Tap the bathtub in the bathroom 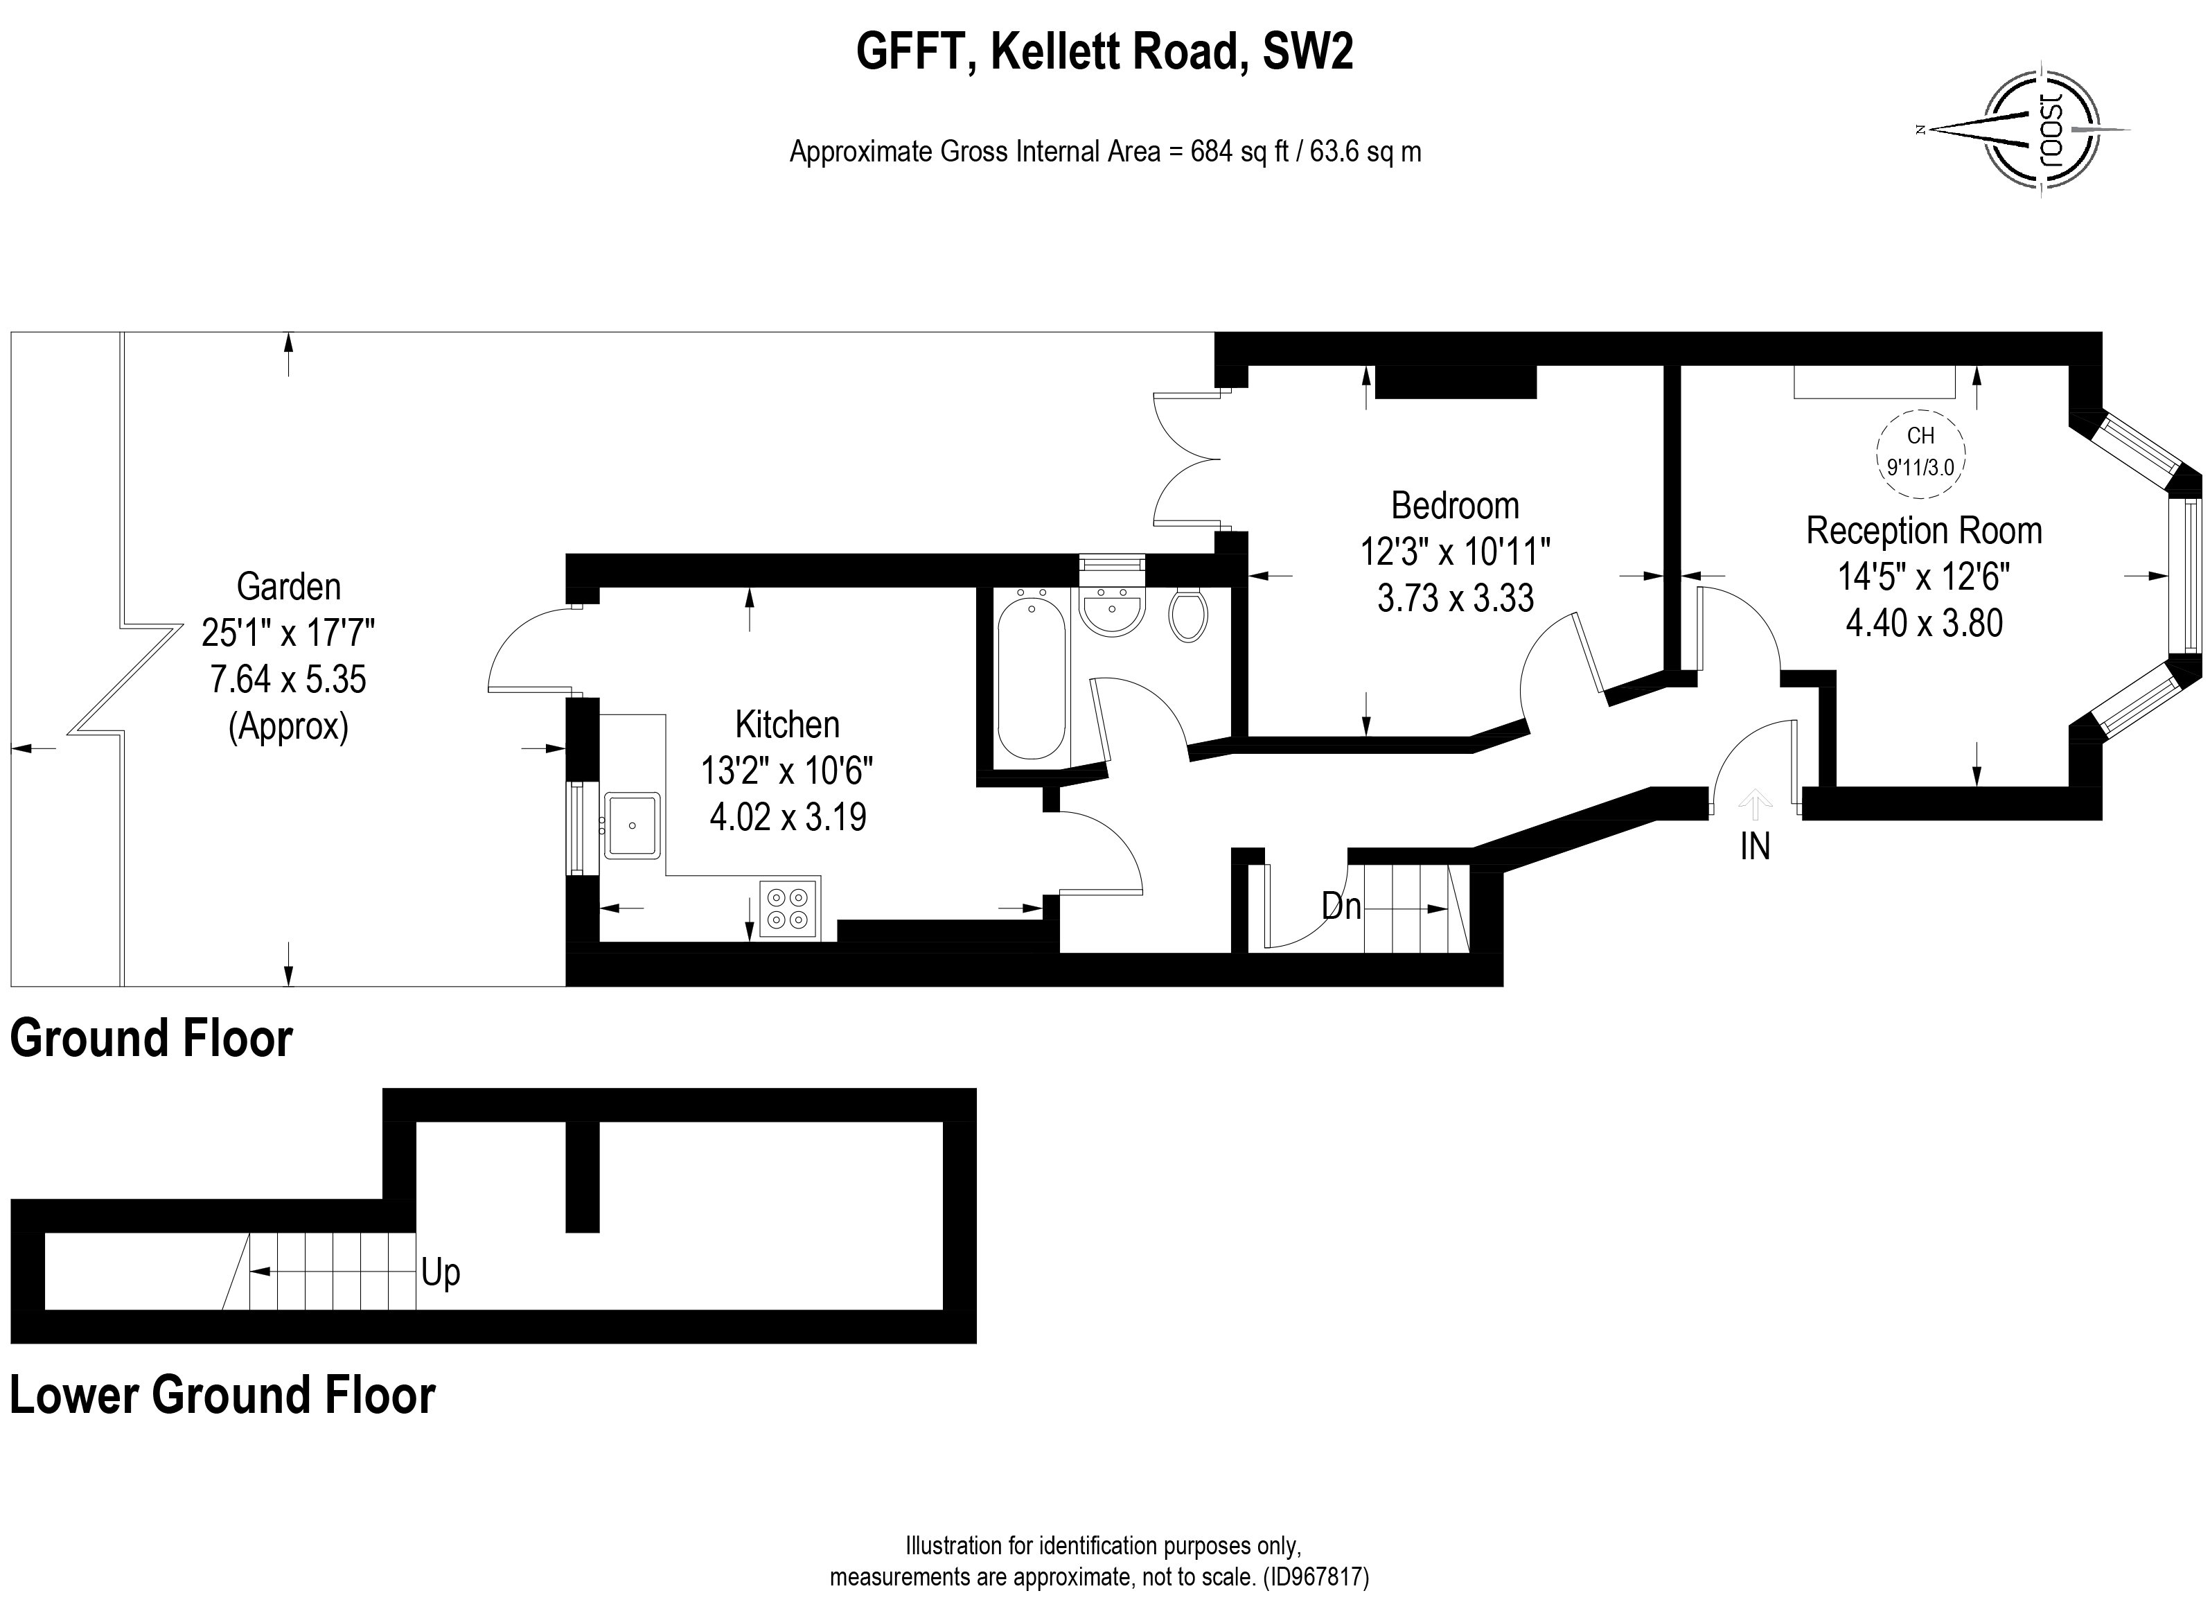(x=1032, y=677)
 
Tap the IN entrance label (x=1755, y=847)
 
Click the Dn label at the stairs (x=1341, y=907)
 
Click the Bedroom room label (x=1455, y=506)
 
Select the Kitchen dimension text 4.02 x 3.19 (x=787, y=816)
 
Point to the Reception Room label (x=1923, y=531)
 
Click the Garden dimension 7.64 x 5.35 (x=288, y=679)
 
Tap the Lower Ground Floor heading (x=222, y=1396)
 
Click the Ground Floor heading (x=151, y=1039)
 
